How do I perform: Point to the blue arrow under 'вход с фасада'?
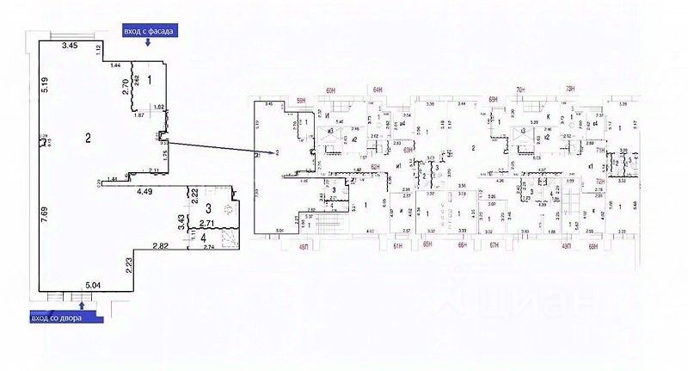coord(150,48)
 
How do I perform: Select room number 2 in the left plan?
coord(88,138)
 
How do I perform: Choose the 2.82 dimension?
coord(161,246)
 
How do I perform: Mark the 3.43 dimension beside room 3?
coord(181,222)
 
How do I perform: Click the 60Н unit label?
coord(330,89)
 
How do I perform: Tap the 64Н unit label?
coord(377,89)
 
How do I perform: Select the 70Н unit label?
coord(520,89)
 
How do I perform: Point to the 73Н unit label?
coord(569,89)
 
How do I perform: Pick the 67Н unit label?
coord(494,246)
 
